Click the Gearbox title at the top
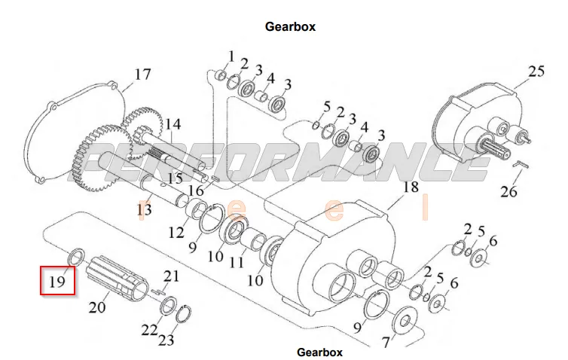[290, 26]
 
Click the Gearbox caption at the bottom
[319, 352]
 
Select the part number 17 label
[142, 74]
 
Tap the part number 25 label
[536, 72]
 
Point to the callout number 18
[410, 187]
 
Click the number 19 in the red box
[59, 282]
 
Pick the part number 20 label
[98, 307]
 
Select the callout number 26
[509, 191]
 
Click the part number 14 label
[173, 124]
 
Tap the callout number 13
[143, 208]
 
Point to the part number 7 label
[386, 343]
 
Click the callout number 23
[166, 340]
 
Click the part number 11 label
[237, 263]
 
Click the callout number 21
[172, 276]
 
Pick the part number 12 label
[176, 233]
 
